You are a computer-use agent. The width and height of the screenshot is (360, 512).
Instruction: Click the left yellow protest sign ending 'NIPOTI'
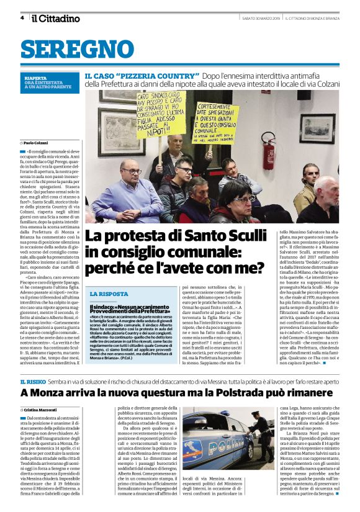(x=161, y=114)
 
